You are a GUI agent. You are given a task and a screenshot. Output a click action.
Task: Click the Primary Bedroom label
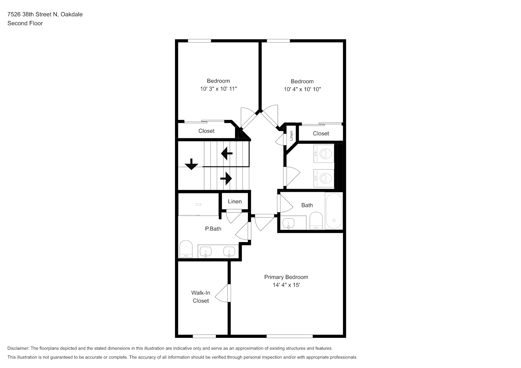click(x=286, y=277)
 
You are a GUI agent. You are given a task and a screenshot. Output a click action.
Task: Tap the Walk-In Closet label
click(x=201, y=297)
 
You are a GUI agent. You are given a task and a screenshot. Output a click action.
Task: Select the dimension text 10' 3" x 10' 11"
click(x=218, y=89)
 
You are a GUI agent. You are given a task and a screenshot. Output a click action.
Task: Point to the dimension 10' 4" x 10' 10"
click(x=302, y=89)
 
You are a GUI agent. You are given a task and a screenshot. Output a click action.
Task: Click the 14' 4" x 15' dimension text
click(x=286, y=285)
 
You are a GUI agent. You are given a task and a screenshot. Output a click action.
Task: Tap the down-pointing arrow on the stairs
click(x=192, y=164)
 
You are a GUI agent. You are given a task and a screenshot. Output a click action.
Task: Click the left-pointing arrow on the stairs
click(x=227, y=153)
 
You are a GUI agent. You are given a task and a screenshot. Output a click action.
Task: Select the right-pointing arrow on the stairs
click(x=226, y=178)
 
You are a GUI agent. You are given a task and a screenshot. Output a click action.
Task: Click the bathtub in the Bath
click(x=334, y=211)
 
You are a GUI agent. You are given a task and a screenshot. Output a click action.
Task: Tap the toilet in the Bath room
click(x=316, y=220)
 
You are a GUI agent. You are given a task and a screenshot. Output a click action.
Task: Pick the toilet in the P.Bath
click(x=186, y=249)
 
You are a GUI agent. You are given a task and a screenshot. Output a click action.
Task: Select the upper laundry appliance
click(x=324, y=153)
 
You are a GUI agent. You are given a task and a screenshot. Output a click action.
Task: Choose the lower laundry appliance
click(x=324, y=178)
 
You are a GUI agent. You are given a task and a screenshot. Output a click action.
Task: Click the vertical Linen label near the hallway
click(x=291, y=136)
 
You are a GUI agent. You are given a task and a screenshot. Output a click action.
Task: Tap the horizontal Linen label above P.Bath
click(x=235, y=201)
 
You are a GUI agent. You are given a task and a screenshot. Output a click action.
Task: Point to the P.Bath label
click(x=213, y=229)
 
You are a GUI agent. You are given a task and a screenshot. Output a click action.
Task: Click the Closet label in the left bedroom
click(x=206, y=131)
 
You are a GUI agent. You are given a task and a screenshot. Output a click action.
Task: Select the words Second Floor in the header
click(x=25, y=23)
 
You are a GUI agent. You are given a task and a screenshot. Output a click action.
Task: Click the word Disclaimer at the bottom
click(x=18, y=348)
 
